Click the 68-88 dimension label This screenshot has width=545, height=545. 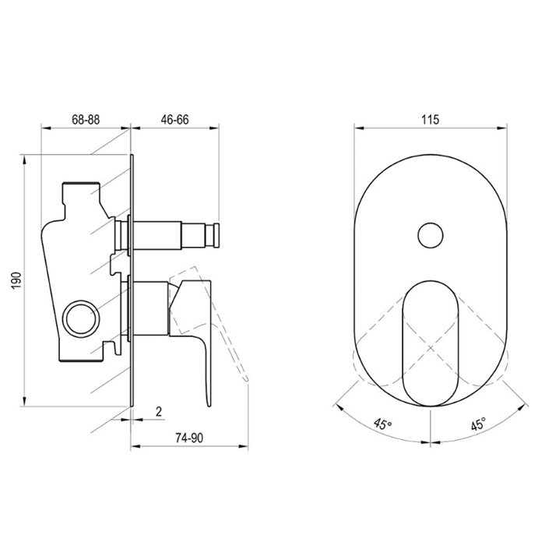pyautogui.click(x=86, y=120)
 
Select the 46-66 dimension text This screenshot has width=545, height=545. pyautogui.click(x=174, y=120)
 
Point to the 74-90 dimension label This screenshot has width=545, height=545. pyautogui.click(x=189, y=438)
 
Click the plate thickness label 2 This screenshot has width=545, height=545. pyautogui.click(x=159, y=412)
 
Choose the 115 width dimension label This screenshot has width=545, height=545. pyautogui.click(x=431, y=120)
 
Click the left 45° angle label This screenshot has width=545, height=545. pyautogui.click(x=383, y=424)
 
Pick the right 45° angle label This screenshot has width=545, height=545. pyautogui.click(x=478, y=424)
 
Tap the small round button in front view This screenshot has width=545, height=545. pyautogui.click(x=431, y=236)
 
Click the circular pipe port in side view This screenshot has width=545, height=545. pyautogui.click(x=79, y=317)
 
